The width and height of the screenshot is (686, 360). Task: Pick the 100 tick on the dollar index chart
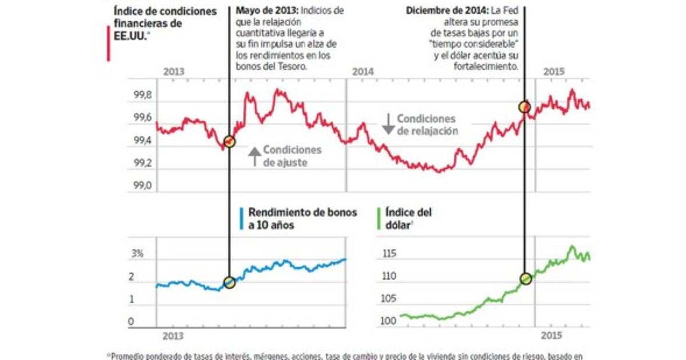[x=388, y=322]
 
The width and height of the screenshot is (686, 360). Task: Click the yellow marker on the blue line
[x=229, y=282]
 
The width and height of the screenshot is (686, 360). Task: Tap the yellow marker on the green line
[x=526, y=279]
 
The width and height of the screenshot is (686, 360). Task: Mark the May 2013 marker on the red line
[x=229, y=142]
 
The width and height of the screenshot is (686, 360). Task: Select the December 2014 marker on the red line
[x=524, y=107]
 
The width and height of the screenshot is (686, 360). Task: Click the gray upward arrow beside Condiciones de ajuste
[x=254, y=156]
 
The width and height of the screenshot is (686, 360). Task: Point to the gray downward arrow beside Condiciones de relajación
[x=388, y=123]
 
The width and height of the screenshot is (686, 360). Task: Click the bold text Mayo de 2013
[x=266, y=11]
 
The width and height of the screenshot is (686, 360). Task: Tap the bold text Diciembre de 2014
[x=445, y=11]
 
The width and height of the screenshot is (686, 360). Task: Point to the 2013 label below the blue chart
[x=172, y=336]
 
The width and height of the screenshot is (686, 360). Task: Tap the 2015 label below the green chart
[x=552, y=336]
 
